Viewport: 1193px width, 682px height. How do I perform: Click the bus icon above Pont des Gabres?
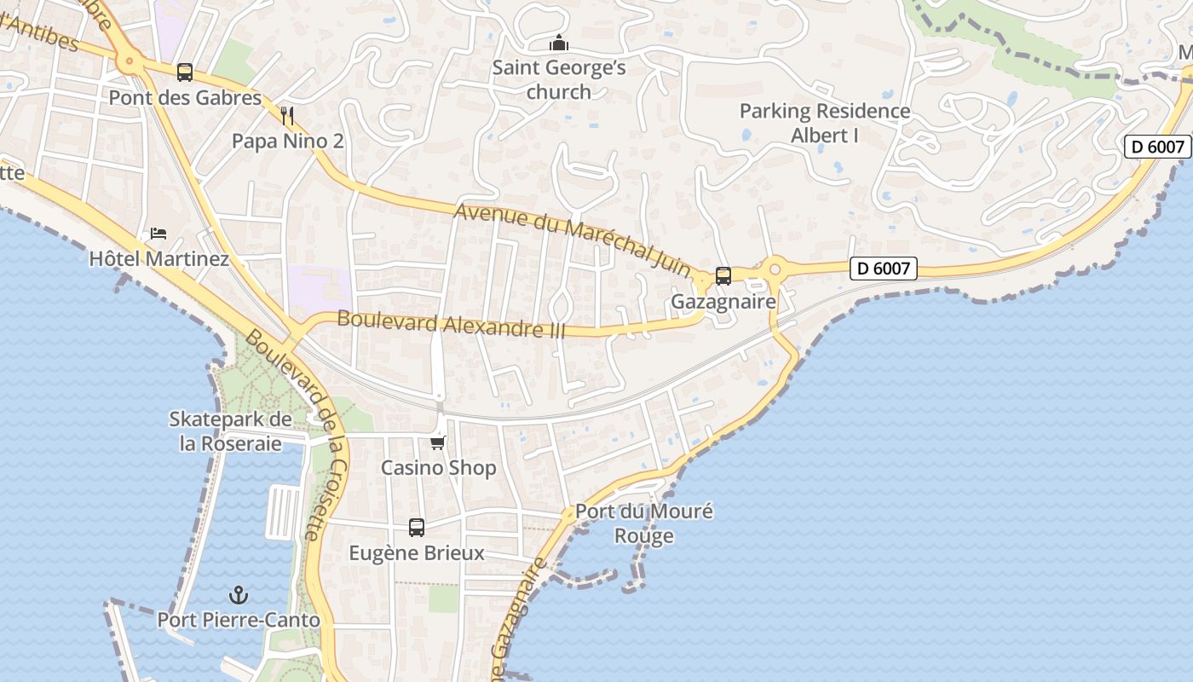(185, 72)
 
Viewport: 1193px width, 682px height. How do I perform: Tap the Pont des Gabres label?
(185, 98)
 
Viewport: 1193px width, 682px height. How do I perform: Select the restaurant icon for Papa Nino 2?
(287, 115)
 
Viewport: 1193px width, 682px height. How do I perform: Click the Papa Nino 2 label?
(288, 141)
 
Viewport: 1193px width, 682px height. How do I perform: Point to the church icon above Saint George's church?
(559, 42)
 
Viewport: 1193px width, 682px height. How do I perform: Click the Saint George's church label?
(559, 79)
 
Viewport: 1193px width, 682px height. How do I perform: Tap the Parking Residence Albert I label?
(824, 123)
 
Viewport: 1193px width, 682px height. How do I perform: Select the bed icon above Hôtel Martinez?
(158, 233)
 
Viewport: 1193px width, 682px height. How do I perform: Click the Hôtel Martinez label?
(159, 258)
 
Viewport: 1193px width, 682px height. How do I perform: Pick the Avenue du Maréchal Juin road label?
(573, 240)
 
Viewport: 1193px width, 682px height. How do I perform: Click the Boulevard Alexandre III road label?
(452, 324)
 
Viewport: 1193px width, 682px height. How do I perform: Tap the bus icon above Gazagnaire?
(723, 275)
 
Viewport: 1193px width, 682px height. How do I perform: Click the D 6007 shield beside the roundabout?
(884, 269)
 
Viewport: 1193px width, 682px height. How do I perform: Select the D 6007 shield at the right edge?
(1157, 147)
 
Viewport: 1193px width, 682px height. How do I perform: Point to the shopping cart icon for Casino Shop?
(438, 442)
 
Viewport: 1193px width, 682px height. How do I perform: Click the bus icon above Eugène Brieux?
(417, 528)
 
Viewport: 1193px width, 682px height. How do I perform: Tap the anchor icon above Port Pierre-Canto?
(239, 595)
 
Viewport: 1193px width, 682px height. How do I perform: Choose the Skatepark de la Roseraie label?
(230, 431)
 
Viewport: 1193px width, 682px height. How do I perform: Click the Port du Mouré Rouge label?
(644, 523)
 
